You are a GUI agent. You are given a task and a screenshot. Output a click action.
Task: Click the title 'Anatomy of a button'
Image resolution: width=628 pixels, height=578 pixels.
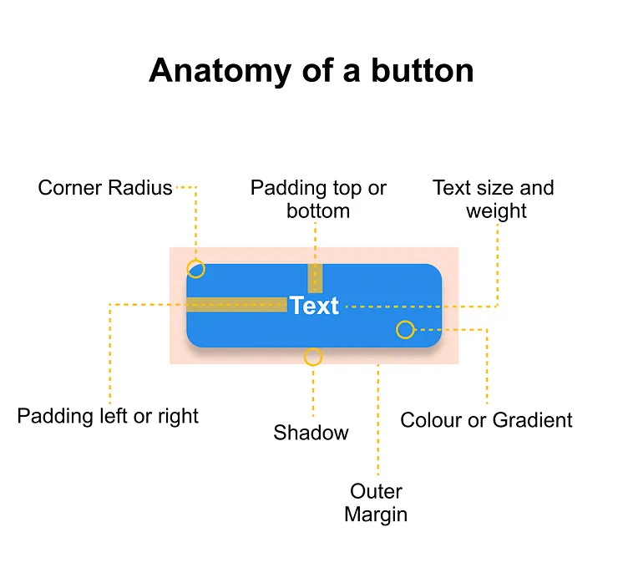click(x=311, y=71)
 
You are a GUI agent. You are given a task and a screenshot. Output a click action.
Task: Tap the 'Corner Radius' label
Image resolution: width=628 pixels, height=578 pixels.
click(x=105, y=187)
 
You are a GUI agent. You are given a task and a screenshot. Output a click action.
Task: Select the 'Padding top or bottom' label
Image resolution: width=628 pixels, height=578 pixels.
click(x=318, y=199)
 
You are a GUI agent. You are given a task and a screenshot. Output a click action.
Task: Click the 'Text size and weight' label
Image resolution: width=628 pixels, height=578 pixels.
click(x=494, y=199)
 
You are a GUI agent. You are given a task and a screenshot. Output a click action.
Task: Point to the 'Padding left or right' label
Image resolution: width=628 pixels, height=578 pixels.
click(x=108, y=416)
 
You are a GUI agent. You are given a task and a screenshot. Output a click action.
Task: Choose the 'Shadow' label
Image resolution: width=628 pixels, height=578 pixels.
click(x=311, y=433)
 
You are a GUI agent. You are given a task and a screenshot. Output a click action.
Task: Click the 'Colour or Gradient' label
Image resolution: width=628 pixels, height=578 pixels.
click(x=486, y=420)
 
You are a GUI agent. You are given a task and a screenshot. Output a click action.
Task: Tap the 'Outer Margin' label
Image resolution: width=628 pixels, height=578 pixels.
click(x=376, y=503)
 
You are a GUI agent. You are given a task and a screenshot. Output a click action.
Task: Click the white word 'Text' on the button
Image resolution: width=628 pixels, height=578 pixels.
click(x=314, y=306)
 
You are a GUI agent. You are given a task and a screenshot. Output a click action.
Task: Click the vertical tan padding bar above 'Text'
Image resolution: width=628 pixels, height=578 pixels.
click(x=315, y=278)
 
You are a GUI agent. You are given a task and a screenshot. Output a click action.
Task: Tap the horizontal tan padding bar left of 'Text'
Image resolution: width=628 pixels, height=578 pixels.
click(x=236, y=305)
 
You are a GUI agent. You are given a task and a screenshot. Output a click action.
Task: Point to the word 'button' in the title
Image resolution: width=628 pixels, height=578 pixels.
click(x=423, y=70)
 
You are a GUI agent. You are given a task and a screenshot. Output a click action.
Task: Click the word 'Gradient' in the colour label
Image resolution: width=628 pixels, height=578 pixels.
click(x=533, y=420)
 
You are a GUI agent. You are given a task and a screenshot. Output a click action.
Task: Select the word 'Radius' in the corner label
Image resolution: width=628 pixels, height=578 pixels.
click(x=140, y=187)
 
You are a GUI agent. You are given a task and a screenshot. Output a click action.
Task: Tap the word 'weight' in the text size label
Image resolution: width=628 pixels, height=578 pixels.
click(x=496, y=211)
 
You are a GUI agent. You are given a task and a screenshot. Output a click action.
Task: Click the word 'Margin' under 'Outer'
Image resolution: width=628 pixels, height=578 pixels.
click(x=376, y=515)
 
